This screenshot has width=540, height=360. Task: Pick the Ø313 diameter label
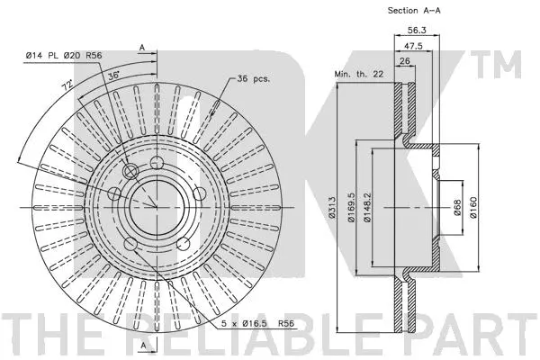tap(332, 209)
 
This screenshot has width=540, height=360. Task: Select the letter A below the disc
tap(142, 345)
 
